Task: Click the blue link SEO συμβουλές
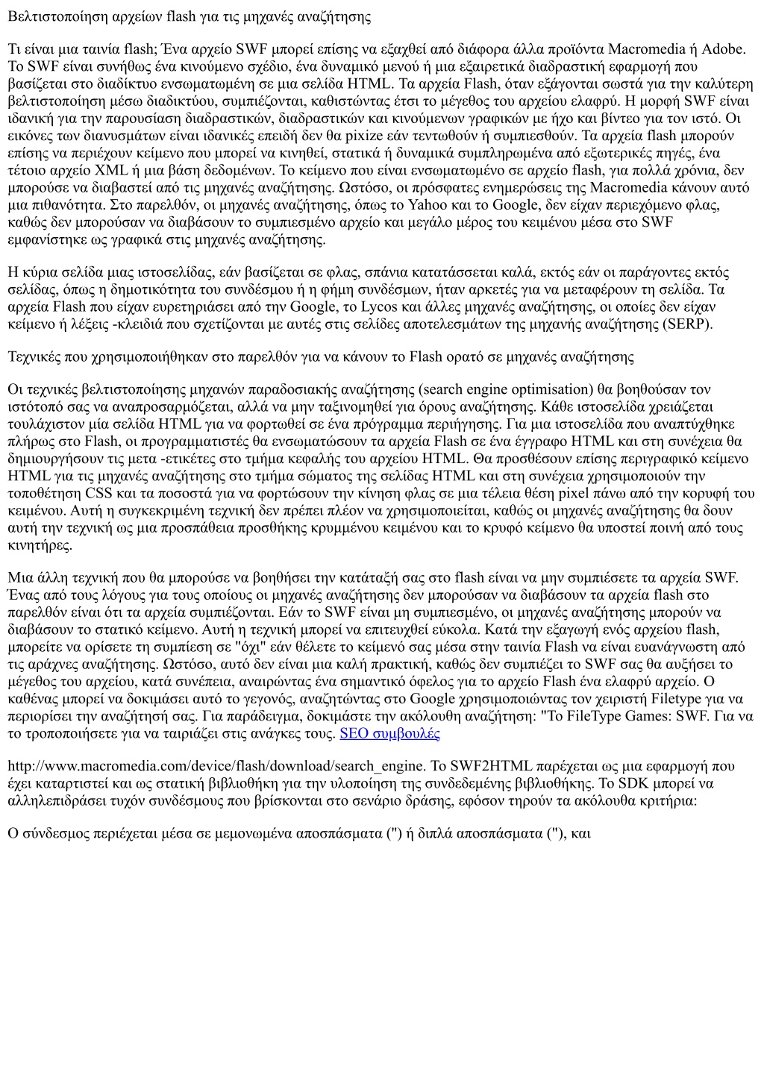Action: pyautogui.click(x=389, y=733)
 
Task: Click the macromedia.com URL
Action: pyautogui.click(x=216, y=766)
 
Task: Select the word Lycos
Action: pyautogui.click(x=378, y=307)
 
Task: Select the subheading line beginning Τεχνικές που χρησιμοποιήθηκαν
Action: pyautogui.click(x=321, y=357)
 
